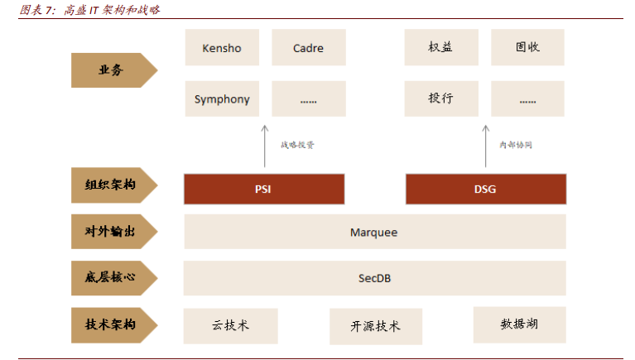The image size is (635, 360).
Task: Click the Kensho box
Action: [222, 48]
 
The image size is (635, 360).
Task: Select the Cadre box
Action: [308, 48]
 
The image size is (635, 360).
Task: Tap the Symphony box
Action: [222, 99]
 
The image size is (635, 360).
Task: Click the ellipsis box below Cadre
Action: [308, 99]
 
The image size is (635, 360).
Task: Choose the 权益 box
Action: [441, 47]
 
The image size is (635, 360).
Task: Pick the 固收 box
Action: [527, 47]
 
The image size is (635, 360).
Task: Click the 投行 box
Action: [441, 98]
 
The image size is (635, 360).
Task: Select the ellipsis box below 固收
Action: [527, 98]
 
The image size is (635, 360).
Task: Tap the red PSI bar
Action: [263, 189]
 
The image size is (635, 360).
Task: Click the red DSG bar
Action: [485, 189]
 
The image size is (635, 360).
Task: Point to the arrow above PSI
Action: [264, 145]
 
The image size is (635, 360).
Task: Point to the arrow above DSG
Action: [485, 145]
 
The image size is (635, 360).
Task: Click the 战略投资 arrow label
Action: [297, 145]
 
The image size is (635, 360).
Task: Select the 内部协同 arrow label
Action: [515, 145]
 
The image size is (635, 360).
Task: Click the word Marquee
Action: [373, 233]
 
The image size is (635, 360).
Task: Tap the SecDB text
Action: [374, 278]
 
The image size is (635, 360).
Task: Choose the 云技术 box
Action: [230, 325]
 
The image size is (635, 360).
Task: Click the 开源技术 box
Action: [375, 326]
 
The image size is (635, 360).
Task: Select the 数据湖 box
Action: [519, 324]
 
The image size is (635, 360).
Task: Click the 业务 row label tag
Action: [110, 70]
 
